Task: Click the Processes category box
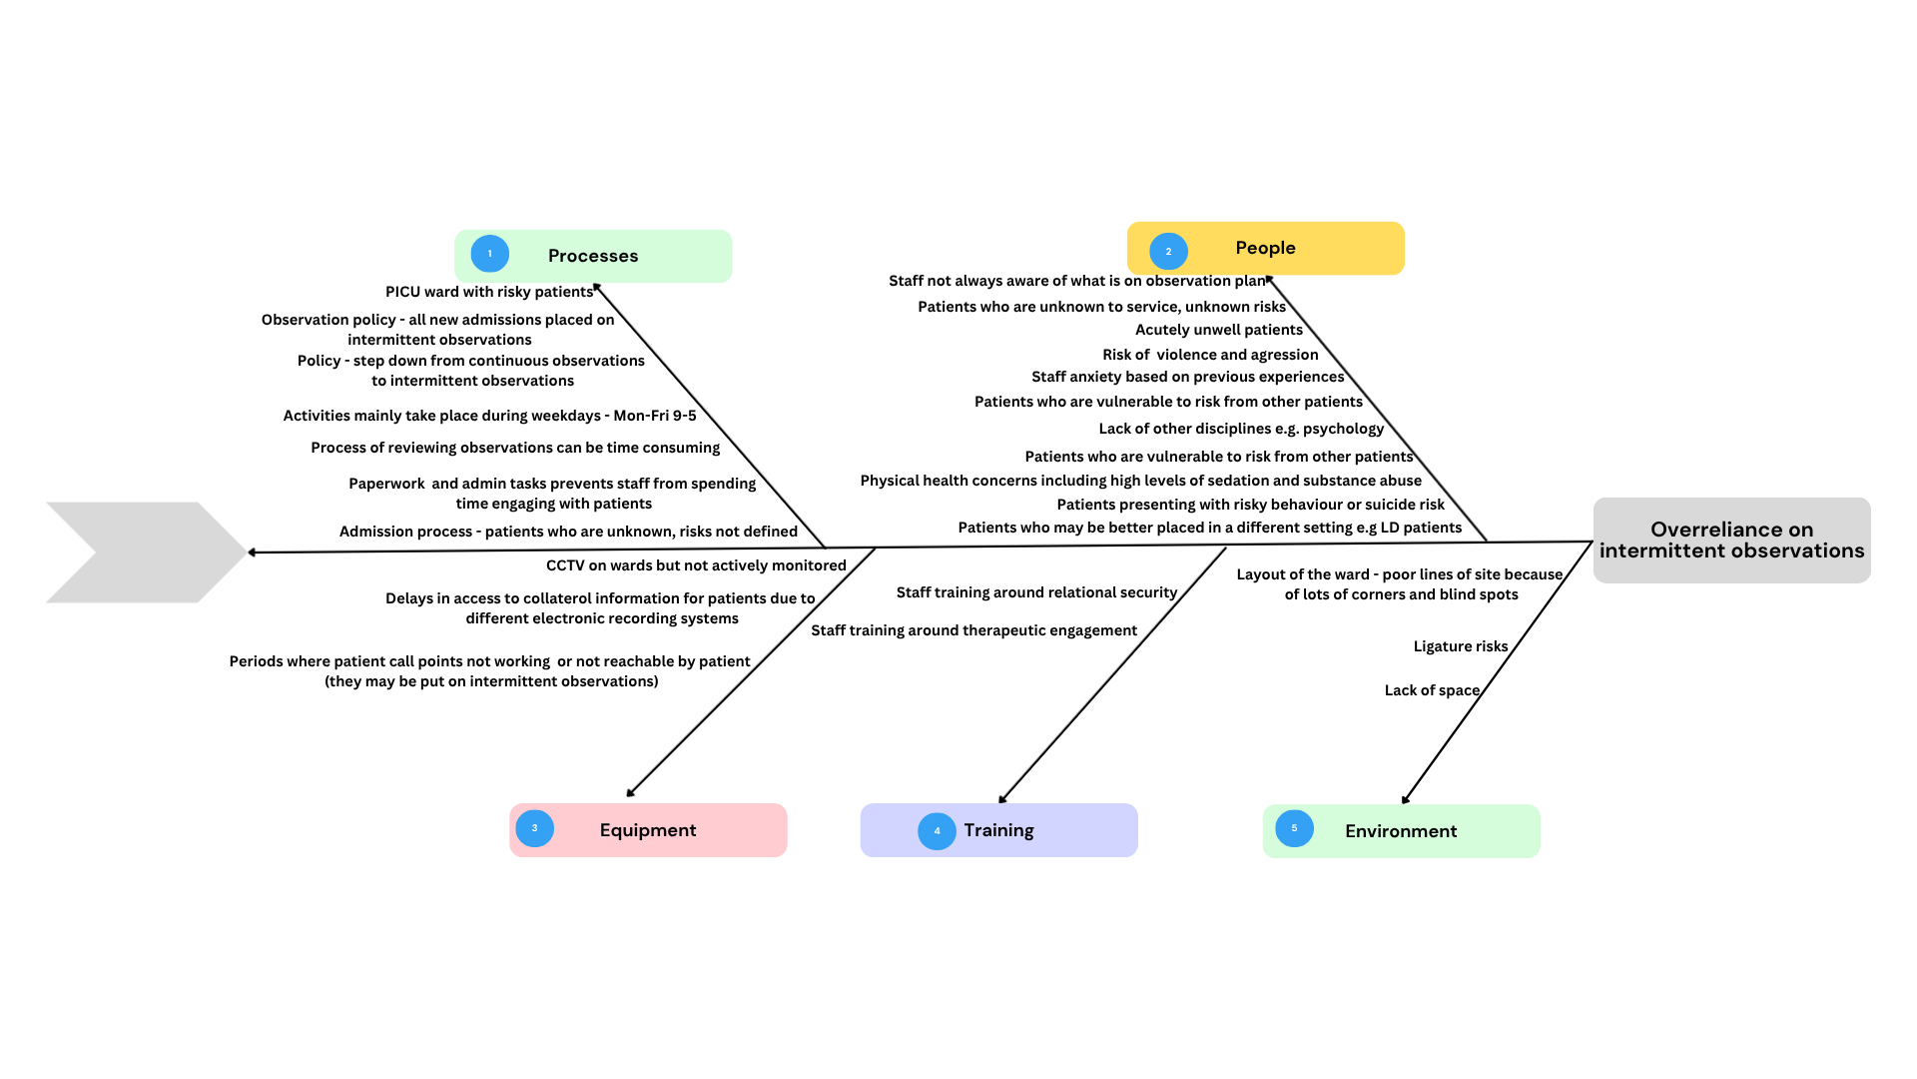click(593, 256)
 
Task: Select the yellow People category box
click(1265, 248)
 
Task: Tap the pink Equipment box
click(648, 830)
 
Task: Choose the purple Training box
click(998, 830)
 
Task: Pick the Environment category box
click(1401, 831)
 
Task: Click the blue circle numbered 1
click(489, 254)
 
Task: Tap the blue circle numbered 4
click(937, 831)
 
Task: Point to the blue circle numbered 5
click(1294, 828)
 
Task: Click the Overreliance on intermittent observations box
click(1731, 540)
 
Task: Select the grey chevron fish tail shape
click(145, 552)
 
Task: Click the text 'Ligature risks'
click(1460, 646)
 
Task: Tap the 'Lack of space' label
click(1432, 690)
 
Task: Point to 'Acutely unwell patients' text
click(1218, 330)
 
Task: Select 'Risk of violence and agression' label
click(1210, 355)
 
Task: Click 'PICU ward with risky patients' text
click(489, 292)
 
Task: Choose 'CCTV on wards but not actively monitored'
click(696, 565)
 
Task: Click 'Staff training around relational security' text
click(1036, 592)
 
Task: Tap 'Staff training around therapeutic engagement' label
click(973, 630)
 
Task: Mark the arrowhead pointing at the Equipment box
click(631, 793)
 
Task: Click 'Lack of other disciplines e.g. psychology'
click(1241, 429)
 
